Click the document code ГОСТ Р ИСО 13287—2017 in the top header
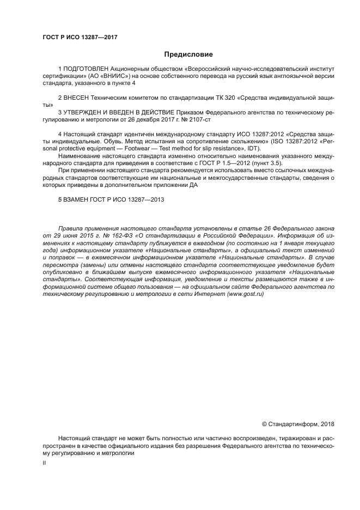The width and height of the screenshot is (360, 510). [80, 37]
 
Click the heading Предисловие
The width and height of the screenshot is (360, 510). [188, 54]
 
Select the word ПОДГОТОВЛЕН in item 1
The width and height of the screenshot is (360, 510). [85, 69]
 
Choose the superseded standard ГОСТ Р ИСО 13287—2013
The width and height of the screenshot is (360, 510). [130, 199]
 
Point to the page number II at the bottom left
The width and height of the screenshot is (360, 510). [45, 463]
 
